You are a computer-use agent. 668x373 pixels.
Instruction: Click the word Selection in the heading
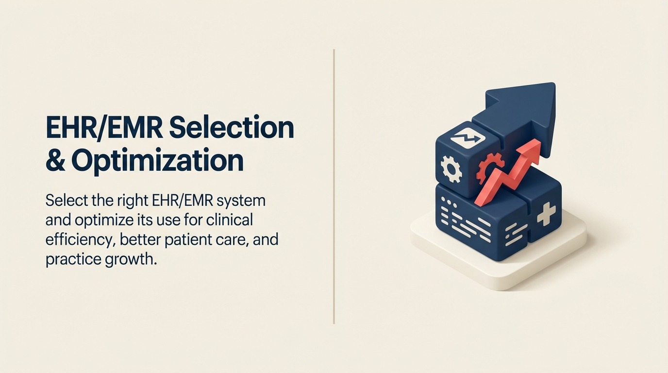pos(232,127)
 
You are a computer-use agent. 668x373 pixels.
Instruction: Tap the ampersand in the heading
pos(55,161)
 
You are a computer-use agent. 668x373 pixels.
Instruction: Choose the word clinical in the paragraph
pos(229,220)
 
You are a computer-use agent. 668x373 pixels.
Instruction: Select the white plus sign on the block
pos(546,214)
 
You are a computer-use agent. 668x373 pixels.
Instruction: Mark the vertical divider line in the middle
pos(334,186)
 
